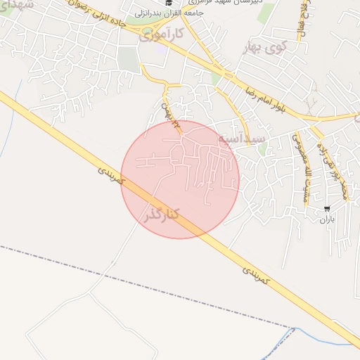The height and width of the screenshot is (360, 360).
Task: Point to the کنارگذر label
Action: tap(161, 212)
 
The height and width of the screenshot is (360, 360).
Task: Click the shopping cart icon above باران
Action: tap(327, 209)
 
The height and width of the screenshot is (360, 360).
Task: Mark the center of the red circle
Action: tap(180, 179)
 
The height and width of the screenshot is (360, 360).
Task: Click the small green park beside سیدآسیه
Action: tap(263, 148)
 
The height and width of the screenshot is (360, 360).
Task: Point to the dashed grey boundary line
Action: tap(141, 284)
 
